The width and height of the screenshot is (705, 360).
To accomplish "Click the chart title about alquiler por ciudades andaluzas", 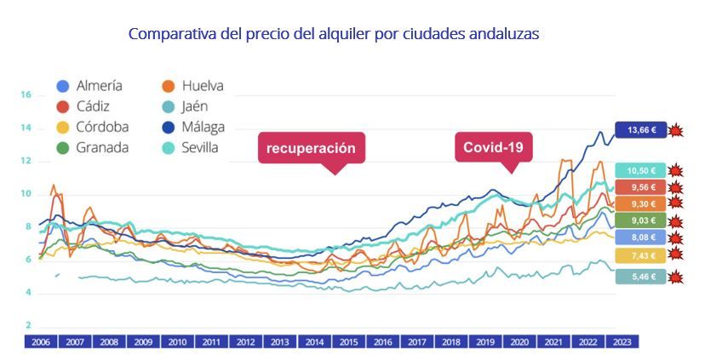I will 333,35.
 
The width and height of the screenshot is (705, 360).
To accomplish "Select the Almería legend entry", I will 89,86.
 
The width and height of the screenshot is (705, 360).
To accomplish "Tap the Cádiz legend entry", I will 83,106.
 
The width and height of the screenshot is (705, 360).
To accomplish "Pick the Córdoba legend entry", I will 92,127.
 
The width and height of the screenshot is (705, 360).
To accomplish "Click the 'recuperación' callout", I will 311,148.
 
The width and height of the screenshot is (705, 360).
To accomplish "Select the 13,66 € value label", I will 640,130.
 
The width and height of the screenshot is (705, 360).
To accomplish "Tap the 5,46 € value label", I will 640,277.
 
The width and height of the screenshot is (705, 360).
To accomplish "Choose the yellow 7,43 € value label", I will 640,255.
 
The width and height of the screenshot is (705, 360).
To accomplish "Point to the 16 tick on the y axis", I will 26,95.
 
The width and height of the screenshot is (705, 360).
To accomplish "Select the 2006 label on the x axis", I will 40,342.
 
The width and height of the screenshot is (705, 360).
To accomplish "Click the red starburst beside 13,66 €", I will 676,130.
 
